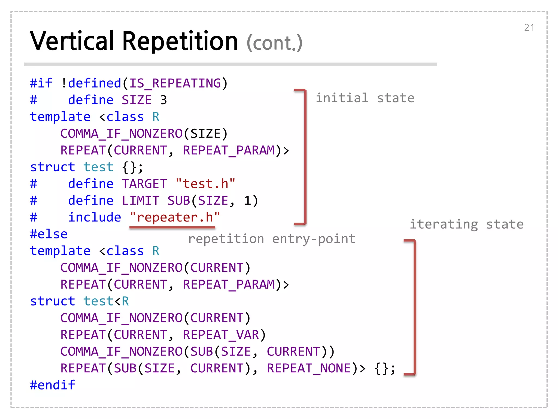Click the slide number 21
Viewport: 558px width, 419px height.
point(529,28)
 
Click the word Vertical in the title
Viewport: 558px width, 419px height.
point(72,41)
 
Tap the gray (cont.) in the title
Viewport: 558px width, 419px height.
point(274,43)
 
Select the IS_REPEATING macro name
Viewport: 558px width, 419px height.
point(175,83)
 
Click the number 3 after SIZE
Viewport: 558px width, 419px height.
point(163,100)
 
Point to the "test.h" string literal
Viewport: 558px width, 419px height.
point(205,184)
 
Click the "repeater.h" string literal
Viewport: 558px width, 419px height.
point(175,217)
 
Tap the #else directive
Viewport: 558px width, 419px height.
point(49,234)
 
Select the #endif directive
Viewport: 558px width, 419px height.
point(53,385)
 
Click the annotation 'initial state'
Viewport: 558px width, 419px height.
point(365,98)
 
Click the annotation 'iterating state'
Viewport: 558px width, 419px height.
point(466,224)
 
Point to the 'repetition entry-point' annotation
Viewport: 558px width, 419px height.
point(272,239)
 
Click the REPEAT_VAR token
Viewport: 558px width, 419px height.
point(221,335)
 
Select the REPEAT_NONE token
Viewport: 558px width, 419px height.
point(308,368)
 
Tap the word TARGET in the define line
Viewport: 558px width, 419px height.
point(144,184)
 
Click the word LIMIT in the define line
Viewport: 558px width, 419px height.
point(140,201)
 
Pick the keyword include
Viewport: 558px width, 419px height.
point(95,217)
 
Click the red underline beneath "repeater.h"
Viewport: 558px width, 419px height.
point(172,227)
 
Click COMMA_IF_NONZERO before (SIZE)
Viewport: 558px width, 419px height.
point(121,134)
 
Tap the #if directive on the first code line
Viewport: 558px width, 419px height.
point(41,83)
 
